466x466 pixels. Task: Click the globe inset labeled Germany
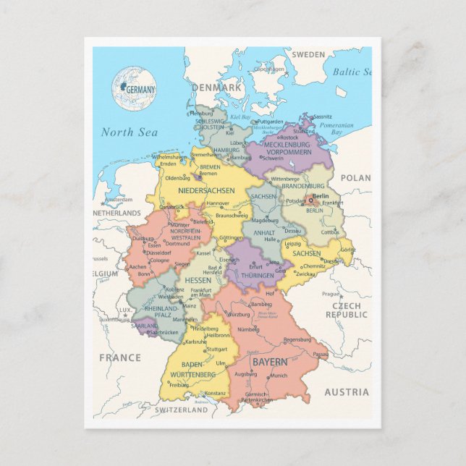click(133, 88)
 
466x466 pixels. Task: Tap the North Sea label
click(129, 132)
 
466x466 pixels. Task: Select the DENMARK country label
click(216, 88)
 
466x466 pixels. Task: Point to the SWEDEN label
click(308, 55)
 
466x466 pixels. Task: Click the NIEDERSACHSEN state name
click(207, 190)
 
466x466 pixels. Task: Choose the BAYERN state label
click(268, 361)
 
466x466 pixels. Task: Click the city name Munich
click(279, 376)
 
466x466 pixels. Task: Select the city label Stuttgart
click(216, 349)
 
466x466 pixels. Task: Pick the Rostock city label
click(289, 137)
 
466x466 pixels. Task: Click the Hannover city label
click(218, 204)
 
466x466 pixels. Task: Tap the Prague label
click(331, 294)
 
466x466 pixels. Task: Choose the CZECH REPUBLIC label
click(350, 310)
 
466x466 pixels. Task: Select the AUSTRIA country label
click(346, 391)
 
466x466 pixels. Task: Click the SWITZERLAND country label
click(181, 410)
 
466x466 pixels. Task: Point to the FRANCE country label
click(119, 357)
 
